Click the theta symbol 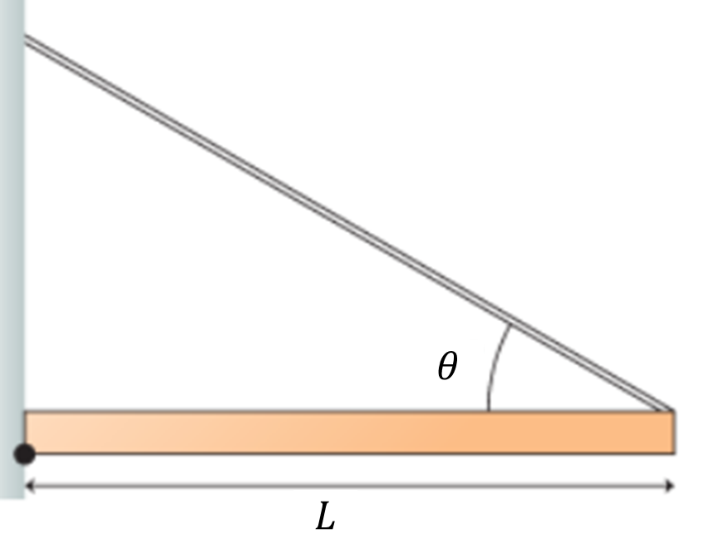[x=447, y=366]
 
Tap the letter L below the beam [x=325, y=519]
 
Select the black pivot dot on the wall [x=25, y=453]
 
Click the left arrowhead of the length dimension [x=30, y=486]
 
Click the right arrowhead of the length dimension [x=669, y=486]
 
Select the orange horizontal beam [x=349, y=433]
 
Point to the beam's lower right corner [x=673, y=453]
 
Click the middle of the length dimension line [x=349, y=486]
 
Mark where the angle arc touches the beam [x=488, y=410]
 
